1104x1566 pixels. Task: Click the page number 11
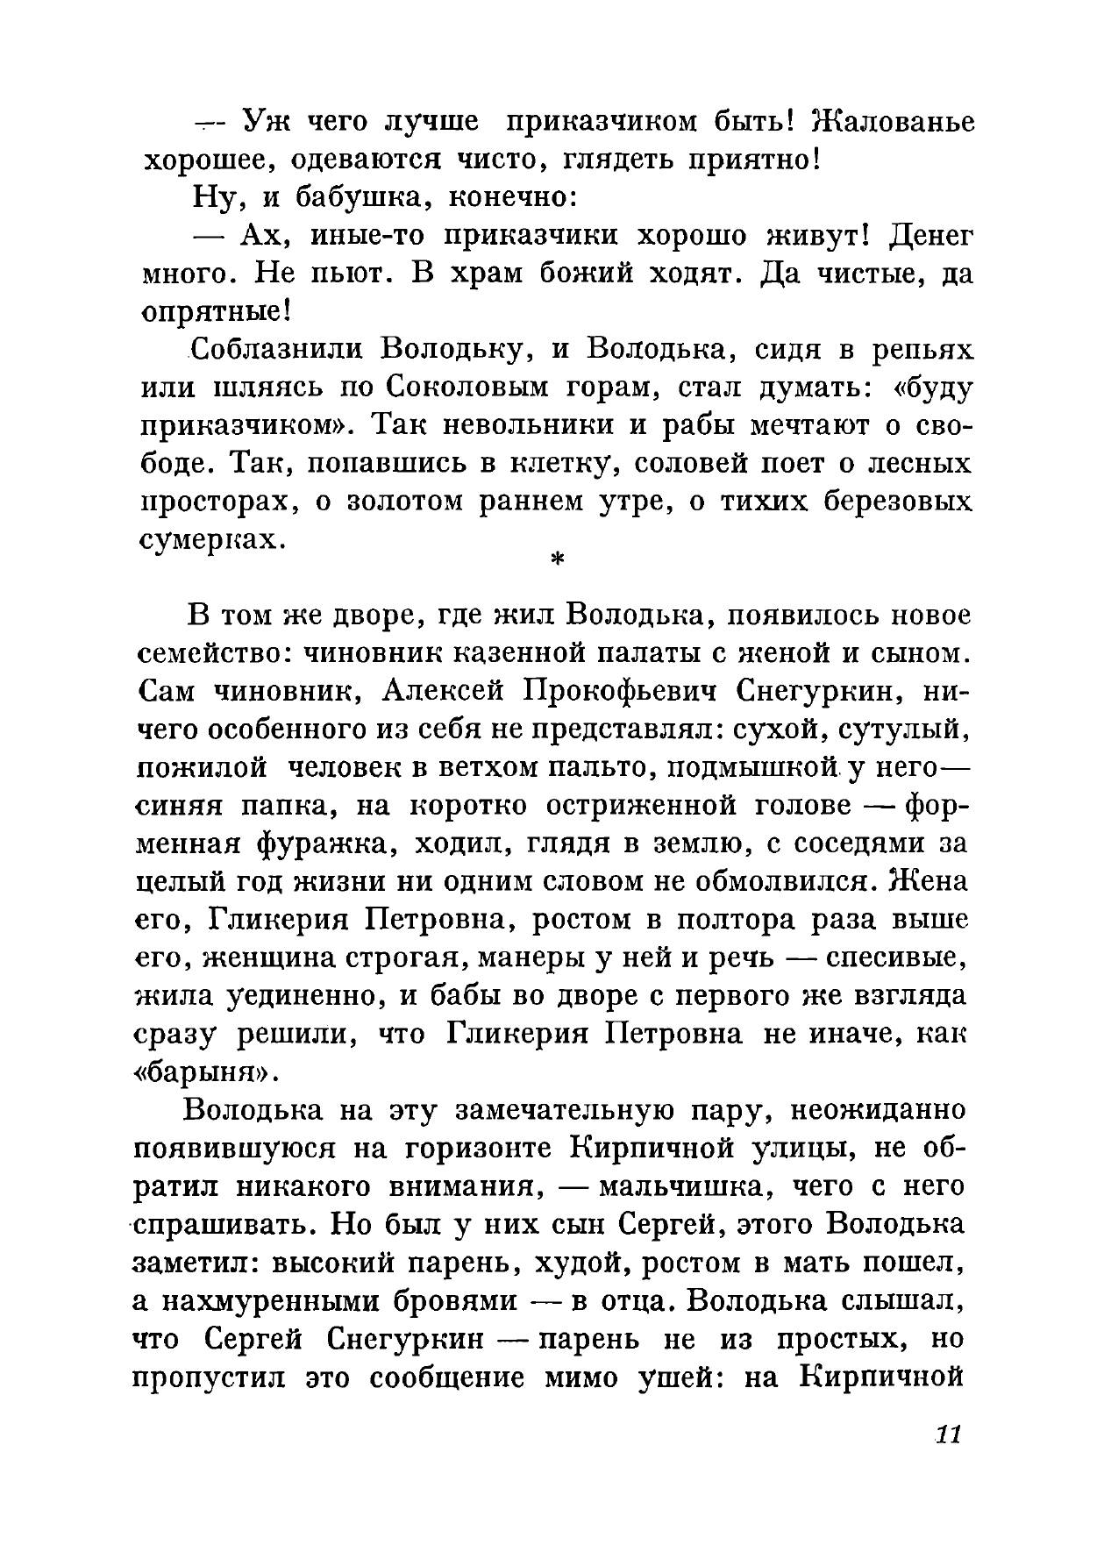point(950,1435)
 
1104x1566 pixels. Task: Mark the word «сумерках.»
point(214,540)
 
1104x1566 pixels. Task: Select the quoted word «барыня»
point(207,1071)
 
